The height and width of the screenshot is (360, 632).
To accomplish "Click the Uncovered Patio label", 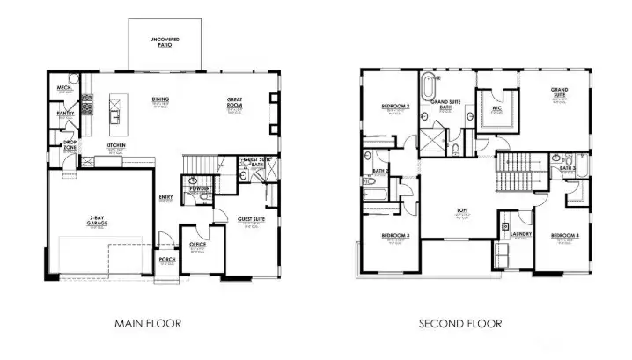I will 165,41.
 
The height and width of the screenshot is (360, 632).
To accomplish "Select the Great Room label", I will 235,101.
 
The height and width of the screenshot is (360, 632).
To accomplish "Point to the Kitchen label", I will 115,144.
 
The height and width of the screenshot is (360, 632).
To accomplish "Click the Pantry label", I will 65,114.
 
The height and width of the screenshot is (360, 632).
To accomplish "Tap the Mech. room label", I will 64,88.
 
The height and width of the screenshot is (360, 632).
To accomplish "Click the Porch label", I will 166,260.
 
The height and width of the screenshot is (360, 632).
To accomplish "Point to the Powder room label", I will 199,187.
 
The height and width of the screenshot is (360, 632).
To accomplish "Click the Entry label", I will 165,197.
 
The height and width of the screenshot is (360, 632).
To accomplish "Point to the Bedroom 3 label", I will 395,236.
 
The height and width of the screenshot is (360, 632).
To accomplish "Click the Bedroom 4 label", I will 564,236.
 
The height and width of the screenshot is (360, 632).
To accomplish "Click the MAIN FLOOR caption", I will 148,324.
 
